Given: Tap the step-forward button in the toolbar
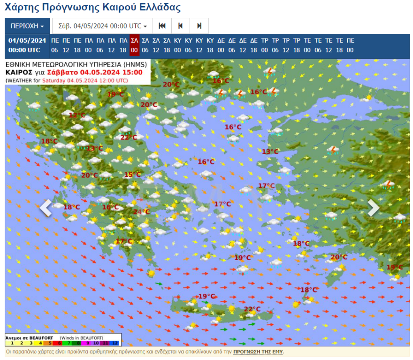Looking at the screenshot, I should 199,26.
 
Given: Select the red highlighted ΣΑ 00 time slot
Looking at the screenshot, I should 134,46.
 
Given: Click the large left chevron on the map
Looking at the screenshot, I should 46,207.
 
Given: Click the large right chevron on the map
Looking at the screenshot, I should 373,207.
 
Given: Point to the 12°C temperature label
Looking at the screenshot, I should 77,115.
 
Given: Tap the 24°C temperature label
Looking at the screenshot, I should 141,212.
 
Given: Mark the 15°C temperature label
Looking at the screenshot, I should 132,175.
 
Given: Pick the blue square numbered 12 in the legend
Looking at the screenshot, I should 115,343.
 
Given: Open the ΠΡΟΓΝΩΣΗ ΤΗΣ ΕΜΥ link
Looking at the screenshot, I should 258,351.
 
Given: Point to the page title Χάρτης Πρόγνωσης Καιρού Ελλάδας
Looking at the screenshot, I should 92,8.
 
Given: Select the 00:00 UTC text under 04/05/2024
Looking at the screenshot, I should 27,50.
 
